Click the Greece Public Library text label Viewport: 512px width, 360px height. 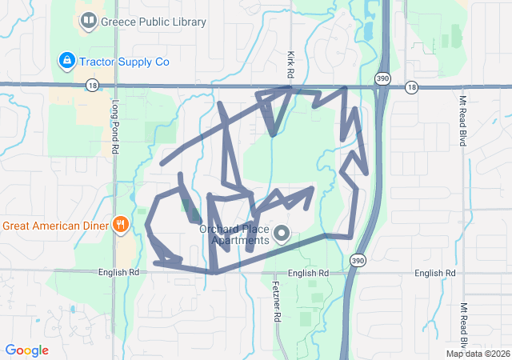coord(153,22)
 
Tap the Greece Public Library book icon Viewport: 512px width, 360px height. coord(89,21)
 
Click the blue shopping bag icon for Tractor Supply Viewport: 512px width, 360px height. coord(67,60)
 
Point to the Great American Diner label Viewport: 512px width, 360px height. coord(54,225)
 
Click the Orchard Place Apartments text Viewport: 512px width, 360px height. coord(234,234)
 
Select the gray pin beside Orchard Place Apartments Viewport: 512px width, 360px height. coord(282,234)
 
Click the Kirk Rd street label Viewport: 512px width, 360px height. coord(292,64)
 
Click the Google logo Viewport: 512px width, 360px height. coord(26,350)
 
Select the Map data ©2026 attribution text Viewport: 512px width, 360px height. coord(477,354)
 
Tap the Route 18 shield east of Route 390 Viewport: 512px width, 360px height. coord(411,86)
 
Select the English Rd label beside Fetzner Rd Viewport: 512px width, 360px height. coord(309,273)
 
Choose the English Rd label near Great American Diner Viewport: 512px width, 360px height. coord(118,272)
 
